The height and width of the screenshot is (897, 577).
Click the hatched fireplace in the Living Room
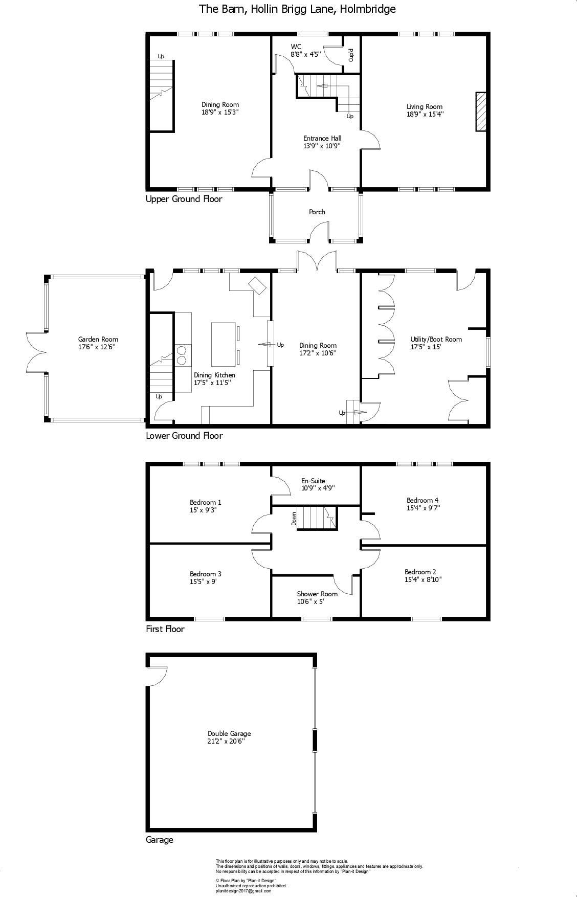pos(481,112)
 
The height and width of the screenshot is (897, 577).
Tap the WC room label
pos(296,47)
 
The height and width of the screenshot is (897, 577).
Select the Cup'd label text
pos(351,55)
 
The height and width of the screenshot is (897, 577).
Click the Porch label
pos(317,212)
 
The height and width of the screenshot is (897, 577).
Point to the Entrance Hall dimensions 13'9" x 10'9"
pos(322,146)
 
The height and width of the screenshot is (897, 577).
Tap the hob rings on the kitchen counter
pos(181,355)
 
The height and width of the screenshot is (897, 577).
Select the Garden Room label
pos(98,339)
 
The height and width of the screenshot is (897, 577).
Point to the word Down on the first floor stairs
pos(294,519)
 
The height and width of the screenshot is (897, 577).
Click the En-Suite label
pos(313,481)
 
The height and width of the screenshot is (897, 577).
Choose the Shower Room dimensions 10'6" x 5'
pos(317,601)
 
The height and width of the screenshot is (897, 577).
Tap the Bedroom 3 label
pos(205,574)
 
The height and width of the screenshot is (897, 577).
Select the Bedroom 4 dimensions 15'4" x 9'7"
pos(423,508)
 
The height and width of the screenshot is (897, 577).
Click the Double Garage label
pos(229,733)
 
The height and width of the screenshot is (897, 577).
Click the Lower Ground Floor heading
pos(184,436)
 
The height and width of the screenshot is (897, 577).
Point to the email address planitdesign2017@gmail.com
pos(243,890)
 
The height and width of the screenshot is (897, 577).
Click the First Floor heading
pos(165,629)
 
